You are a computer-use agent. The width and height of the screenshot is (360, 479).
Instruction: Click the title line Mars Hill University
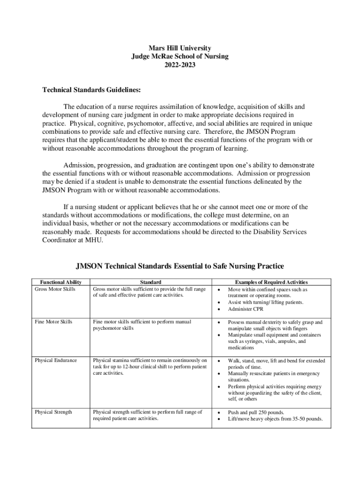180,48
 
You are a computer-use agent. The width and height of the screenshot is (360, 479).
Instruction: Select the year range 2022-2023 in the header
180,65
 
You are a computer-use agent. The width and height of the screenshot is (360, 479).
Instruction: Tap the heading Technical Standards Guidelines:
91,89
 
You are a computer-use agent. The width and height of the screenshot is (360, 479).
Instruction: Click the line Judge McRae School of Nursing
180,57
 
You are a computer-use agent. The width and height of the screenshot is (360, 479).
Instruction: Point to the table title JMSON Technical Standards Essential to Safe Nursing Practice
180,267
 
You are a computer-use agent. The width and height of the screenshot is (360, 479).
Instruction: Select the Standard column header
151,282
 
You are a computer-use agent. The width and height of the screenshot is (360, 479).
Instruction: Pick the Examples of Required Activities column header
271,282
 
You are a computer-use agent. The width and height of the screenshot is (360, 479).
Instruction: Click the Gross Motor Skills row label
55,289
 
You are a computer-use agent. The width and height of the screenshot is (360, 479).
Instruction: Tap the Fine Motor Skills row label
53,322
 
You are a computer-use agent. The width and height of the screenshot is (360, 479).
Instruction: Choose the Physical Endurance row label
56,361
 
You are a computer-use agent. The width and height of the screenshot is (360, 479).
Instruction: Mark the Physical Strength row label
53,412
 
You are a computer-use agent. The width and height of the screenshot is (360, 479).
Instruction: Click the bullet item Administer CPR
246,309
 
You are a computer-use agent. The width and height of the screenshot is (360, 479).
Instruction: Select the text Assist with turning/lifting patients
266,302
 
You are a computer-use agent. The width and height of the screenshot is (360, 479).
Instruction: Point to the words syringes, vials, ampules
266,341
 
